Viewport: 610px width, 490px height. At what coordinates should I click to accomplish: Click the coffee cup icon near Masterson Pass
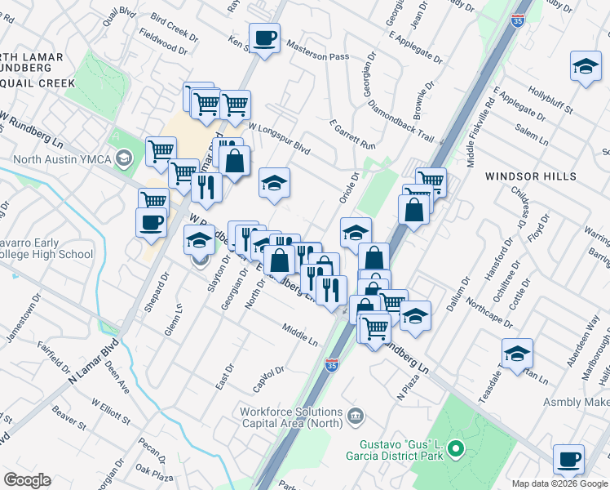click(x=264, y=38)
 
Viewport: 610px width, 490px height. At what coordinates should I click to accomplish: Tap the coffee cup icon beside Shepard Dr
click(x=152, y=223)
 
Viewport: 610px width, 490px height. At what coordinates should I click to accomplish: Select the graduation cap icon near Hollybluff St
click(x=585, y=68)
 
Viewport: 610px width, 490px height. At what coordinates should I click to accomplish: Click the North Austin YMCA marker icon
click(x=124, y=158)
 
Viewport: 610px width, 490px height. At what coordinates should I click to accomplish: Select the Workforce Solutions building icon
click(x=355, y=417)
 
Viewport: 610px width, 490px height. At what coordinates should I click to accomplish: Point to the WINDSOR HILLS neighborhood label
click(x=530, y=176)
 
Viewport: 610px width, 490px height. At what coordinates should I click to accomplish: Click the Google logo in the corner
click(x=27, y=480)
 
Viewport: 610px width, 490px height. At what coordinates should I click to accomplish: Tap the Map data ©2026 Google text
click(x=559, y=483)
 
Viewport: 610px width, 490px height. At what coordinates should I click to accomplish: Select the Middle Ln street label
click(x=299, y=333)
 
